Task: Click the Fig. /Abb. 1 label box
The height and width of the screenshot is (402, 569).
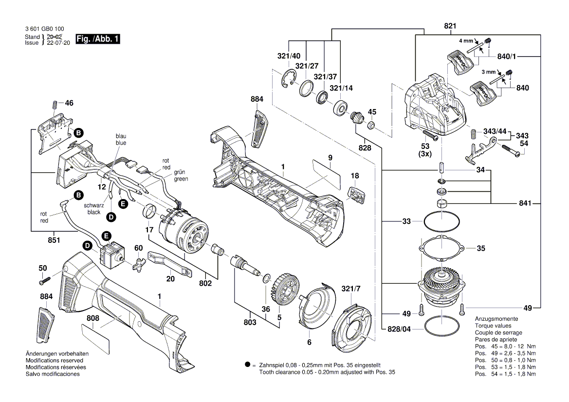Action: click(97, 38)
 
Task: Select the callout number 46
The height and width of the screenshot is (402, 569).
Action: click(69, 103)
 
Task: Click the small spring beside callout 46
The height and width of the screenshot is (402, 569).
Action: click(55, 104)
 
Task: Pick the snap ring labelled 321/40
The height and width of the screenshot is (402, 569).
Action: click(289, 80)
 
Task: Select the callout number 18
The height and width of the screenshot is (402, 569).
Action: click(355, 176)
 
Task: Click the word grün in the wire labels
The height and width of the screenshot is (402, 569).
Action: click(180, 172)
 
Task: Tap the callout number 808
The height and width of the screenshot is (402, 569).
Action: click(93, 318)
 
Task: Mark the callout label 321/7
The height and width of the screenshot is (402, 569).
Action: click(351, 289)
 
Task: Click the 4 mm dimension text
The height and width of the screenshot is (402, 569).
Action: click(466, 41)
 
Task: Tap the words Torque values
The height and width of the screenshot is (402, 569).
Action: click(493, 326)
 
